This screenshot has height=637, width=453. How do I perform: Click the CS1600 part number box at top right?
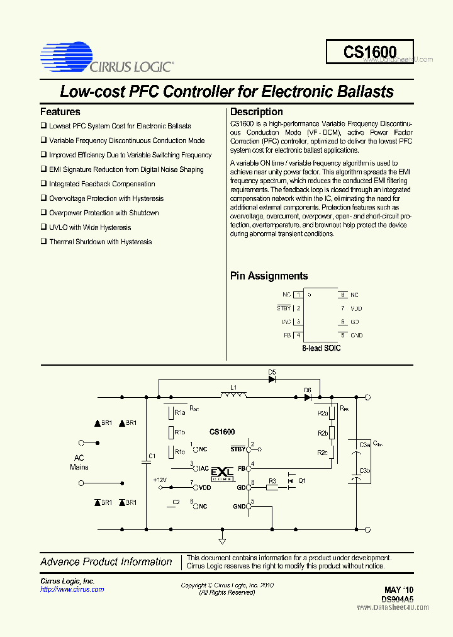tap(369, 52)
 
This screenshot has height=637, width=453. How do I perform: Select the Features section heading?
tap(60, 112)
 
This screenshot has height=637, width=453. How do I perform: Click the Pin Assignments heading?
tap(269, 276)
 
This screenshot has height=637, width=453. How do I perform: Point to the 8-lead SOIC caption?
tap(321, 348)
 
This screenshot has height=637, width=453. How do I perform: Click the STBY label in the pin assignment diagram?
tap(284, 308)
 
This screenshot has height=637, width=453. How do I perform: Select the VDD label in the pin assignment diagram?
tap(356, 308)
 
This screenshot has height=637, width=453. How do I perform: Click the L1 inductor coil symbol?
tap(233, 395)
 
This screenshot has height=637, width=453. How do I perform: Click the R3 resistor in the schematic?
tap(272, 488)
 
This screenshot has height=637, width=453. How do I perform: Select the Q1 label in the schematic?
tap(302, 481)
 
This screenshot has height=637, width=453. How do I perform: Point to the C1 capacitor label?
tap(151, 455)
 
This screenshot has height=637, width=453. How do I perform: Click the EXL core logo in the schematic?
tap(222, 473)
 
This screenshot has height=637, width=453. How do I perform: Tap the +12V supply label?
tap(160, 480)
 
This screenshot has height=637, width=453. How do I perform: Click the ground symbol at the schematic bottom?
tap(222, 540)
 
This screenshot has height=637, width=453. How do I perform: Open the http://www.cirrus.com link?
tap(72, 590)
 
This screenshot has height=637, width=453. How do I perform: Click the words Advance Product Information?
tap(106, 562)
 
